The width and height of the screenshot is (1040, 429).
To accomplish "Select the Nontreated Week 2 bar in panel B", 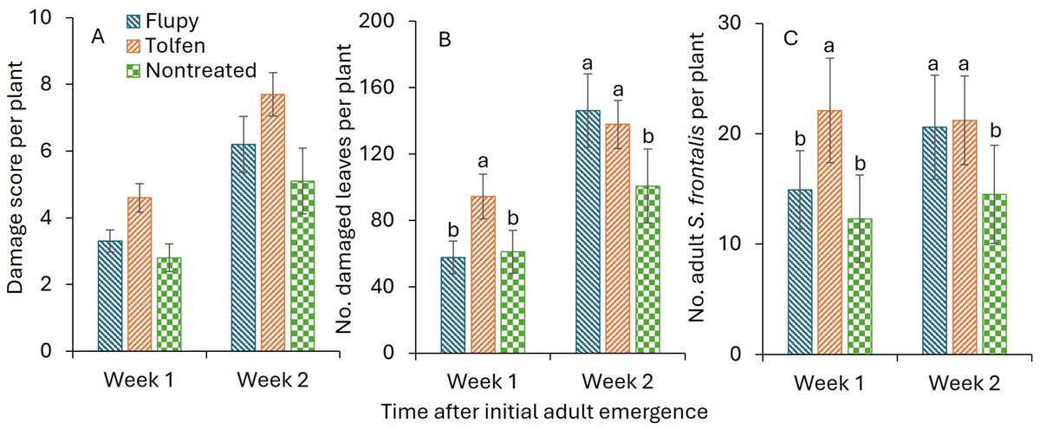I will coord(648,270).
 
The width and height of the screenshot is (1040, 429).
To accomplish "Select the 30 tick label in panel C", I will coord(733,23).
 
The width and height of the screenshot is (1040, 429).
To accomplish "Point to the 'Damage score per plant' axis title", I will coord(18,182).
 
